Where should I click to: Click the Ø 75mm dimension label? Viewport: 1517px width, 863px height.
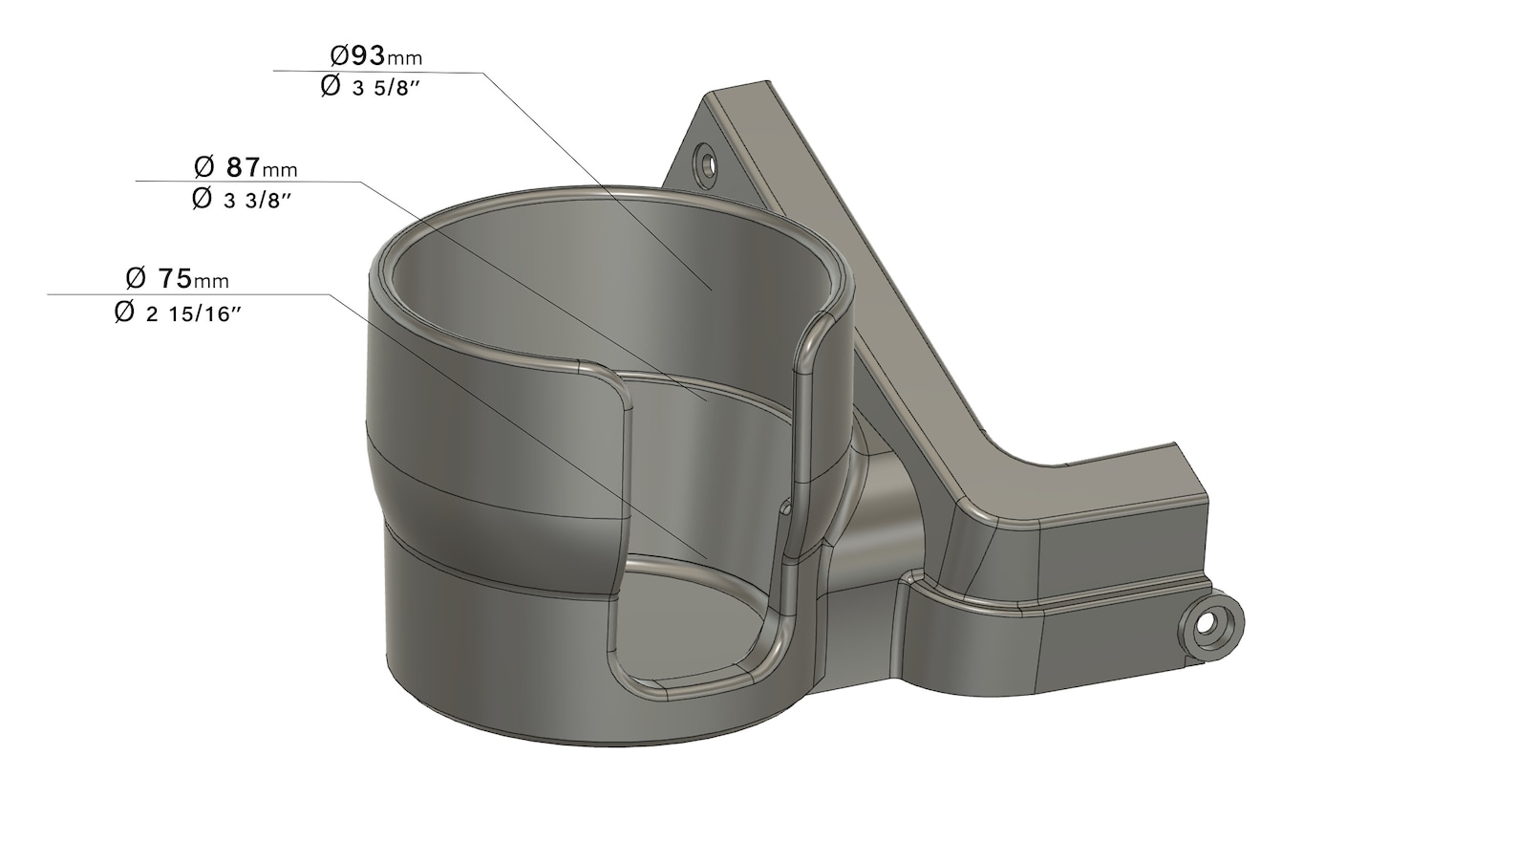coord(177,279)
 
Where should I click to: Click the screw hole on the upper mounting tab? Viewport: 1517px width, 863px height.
coord(706,162)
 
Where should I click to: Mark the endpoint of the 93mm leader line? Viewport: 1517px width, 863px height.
coord(712,288)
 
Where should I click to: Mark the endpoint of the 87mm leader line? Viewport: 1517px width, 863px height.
coord(708,401)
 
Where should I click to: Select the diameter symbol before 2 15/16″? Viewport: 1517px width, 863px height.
coord(124,313)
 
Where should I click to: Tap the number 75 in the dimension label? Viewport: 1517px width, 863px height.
coord(175,279)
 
